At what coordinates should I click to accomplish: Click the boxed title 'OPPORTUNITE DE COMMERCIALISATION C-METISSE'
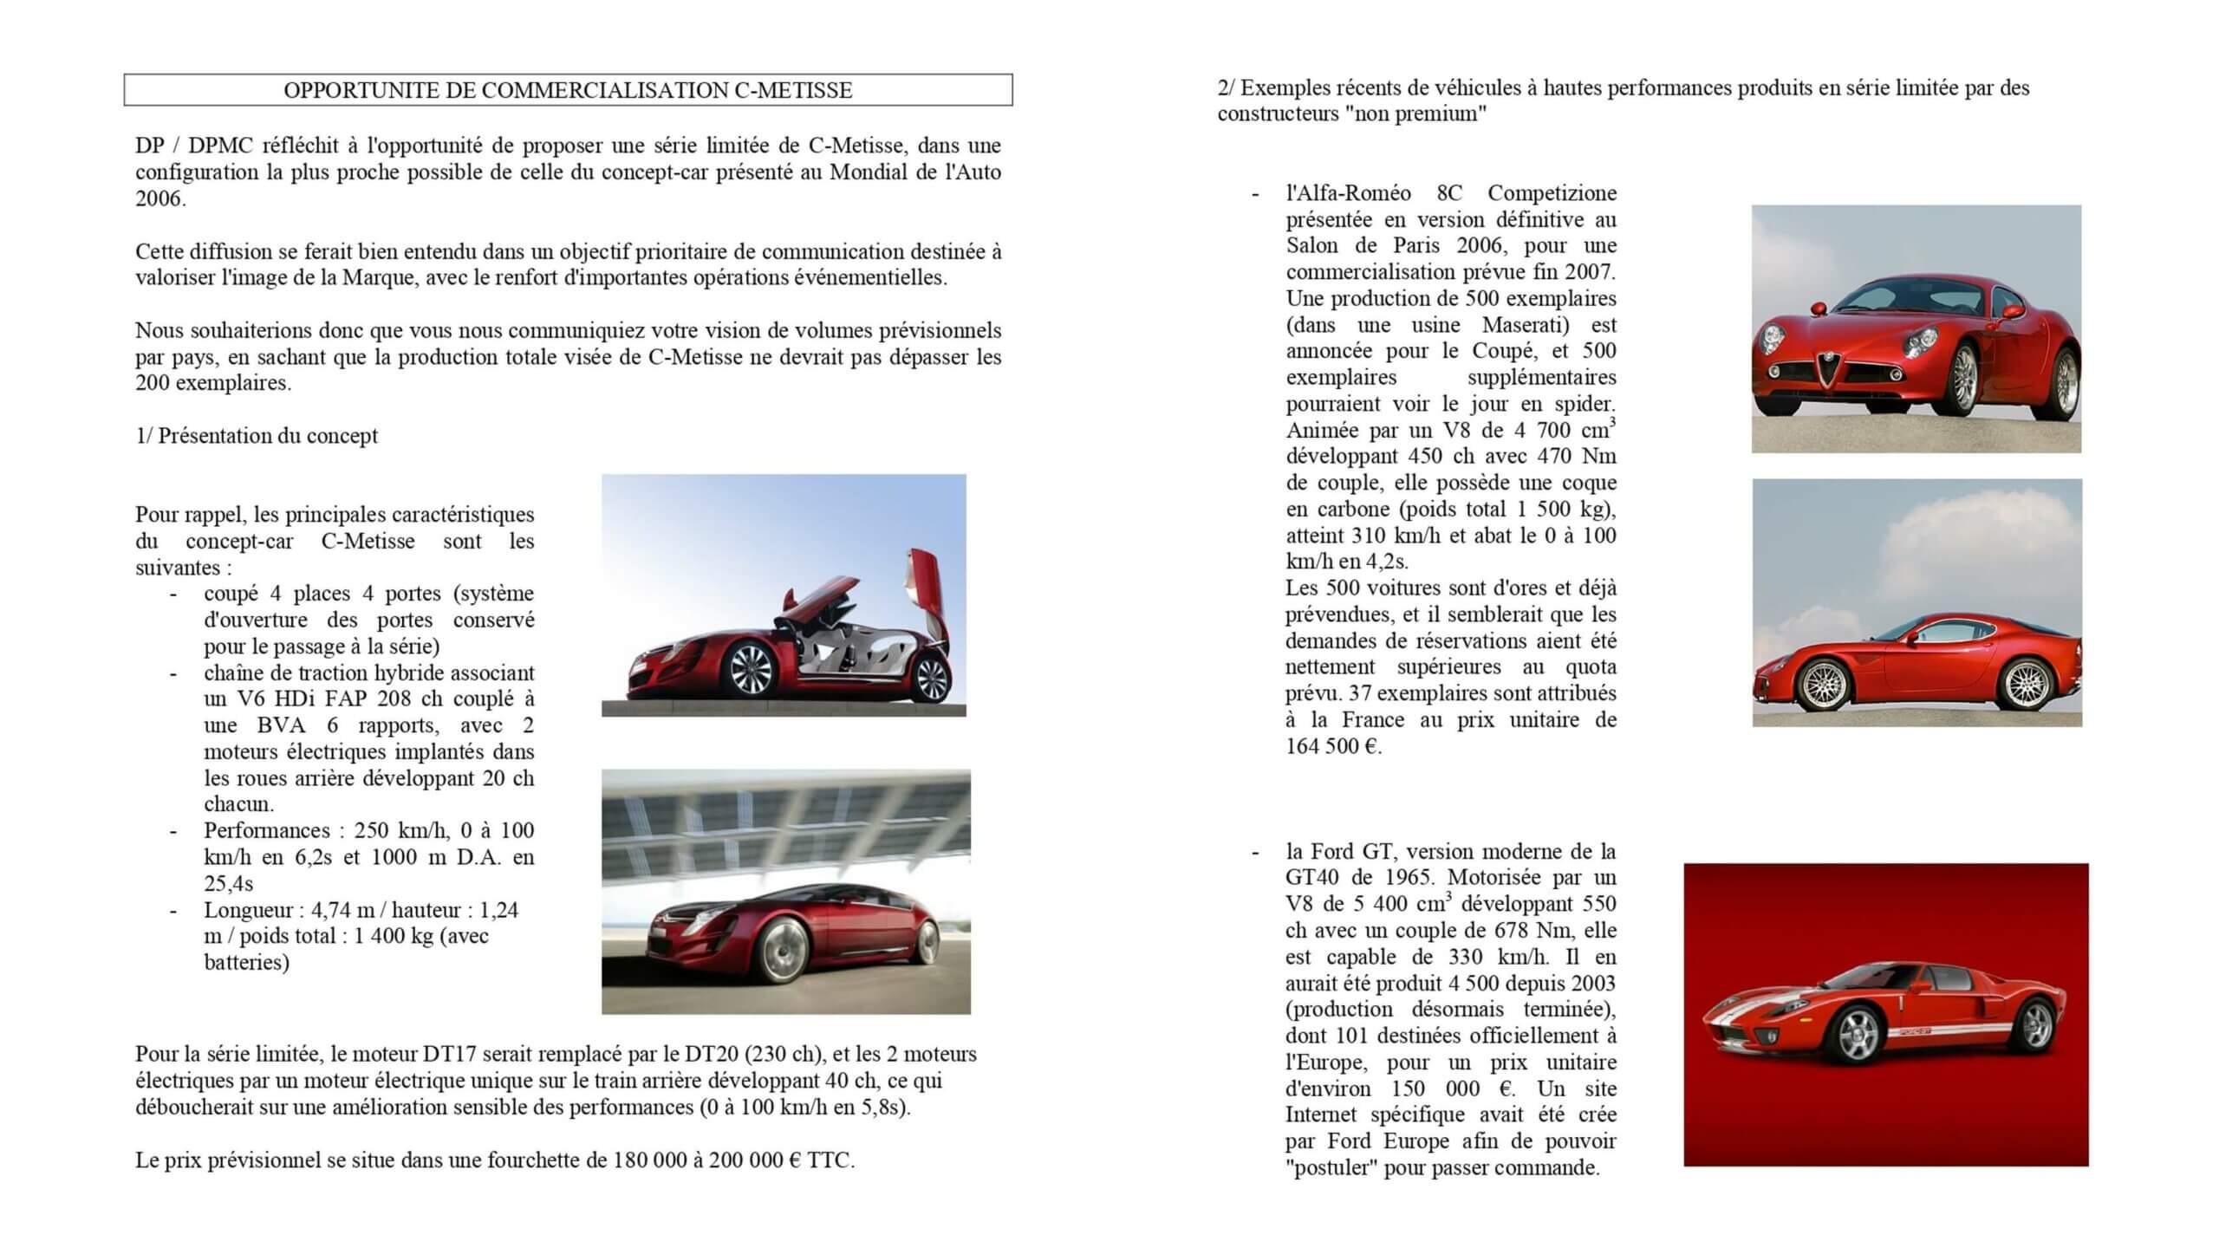(x=568, y=90)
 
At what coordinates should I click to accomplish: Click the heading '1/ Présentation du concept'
(x=257, y=436)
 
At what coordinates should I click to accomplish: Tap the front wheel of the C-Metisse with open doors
(x=750, y=670)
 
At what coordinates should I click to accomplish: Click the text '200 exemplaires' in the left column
(x=212, y=383)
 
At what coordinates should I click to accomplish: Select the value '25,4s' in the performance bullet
(x=229, y=884)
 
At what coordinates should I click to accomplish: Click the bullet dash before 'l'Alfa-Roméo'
(x=1256, y=193)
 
